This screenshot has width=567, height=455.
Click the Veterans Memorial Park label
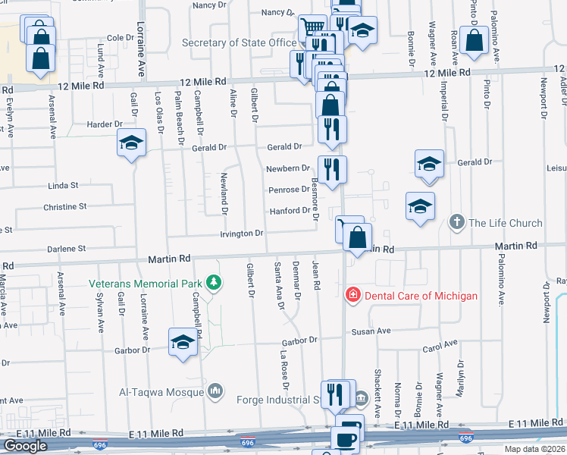pos(145,284)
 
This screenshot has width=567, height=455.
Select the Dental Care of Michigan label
pos(421,295)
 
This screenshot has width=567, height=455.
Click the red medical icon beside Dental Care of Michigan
pos(352,295)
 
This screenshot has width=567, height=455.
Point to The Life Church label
pos(506,223)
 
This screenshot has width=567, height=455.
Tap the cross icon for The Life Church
pos(456,223)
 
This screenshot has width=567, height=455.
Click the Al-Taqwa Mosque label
pos(161,391)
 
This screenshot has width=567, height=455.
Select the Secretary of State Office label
pos(240,42)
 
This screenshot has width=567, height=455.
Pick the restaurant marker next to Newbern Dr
pos(331,169)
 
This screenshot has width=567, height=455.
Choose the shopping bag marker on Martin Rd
pos(357,237)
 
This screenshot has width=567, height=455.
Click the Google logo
pos(25,446)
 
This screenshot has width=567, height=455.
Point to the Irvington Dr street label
pos(242,234)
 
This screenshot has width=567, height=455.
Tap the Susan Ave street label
pos(370,331)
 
